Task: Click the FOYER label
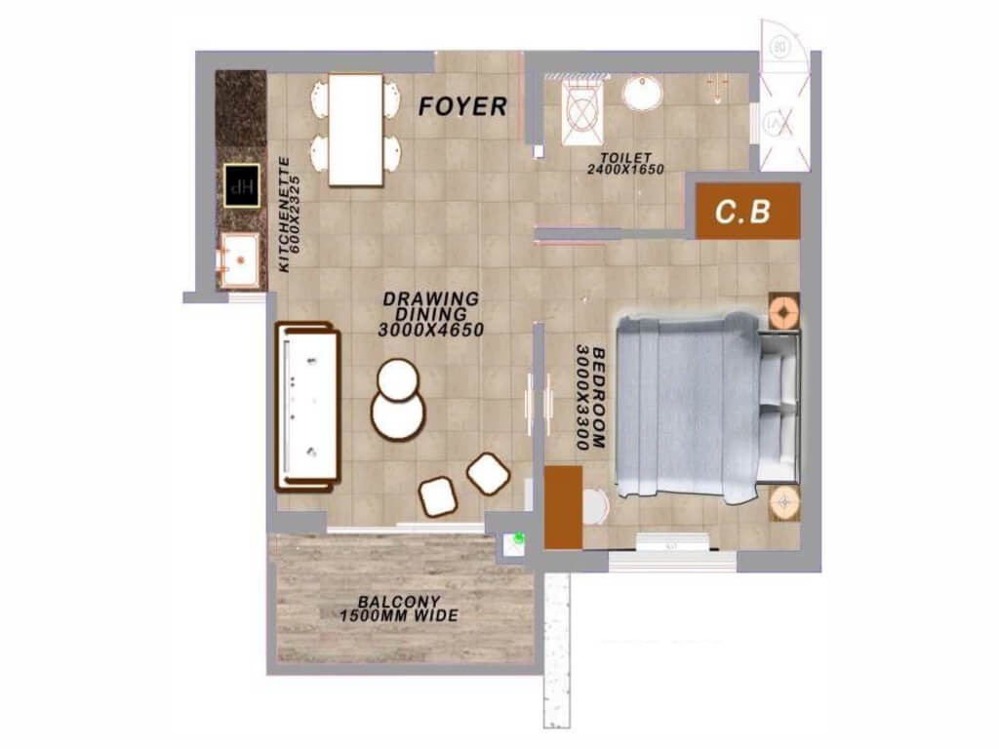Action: [462, 106]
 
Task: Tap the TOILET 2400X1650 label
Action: [625, 164]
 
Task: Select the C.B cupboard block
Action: [747, 211]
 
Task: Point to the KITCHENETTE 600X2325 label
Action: [289, 214]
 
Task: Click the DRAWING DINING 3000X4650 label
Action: [431, 314]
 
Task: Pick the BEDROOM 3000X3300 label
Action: [590, 398]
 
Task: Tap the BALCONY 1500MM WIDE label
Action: [399, 609]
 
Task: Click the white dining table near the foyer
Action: [355, 130]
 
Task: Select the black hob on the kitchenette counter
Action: [242, 185]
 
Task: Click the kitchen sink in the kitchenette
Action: [240, 260]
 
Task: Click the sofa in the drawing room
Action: [307, 407]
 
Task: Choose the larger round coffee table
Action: [398, 414]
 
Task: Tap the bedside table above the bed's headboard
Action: [783, 311]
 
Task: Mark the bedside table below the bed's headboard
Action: [783, 503]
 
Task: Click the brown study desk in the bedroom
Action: [563, 507]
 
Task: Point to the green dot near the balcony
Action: [519, 538]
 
